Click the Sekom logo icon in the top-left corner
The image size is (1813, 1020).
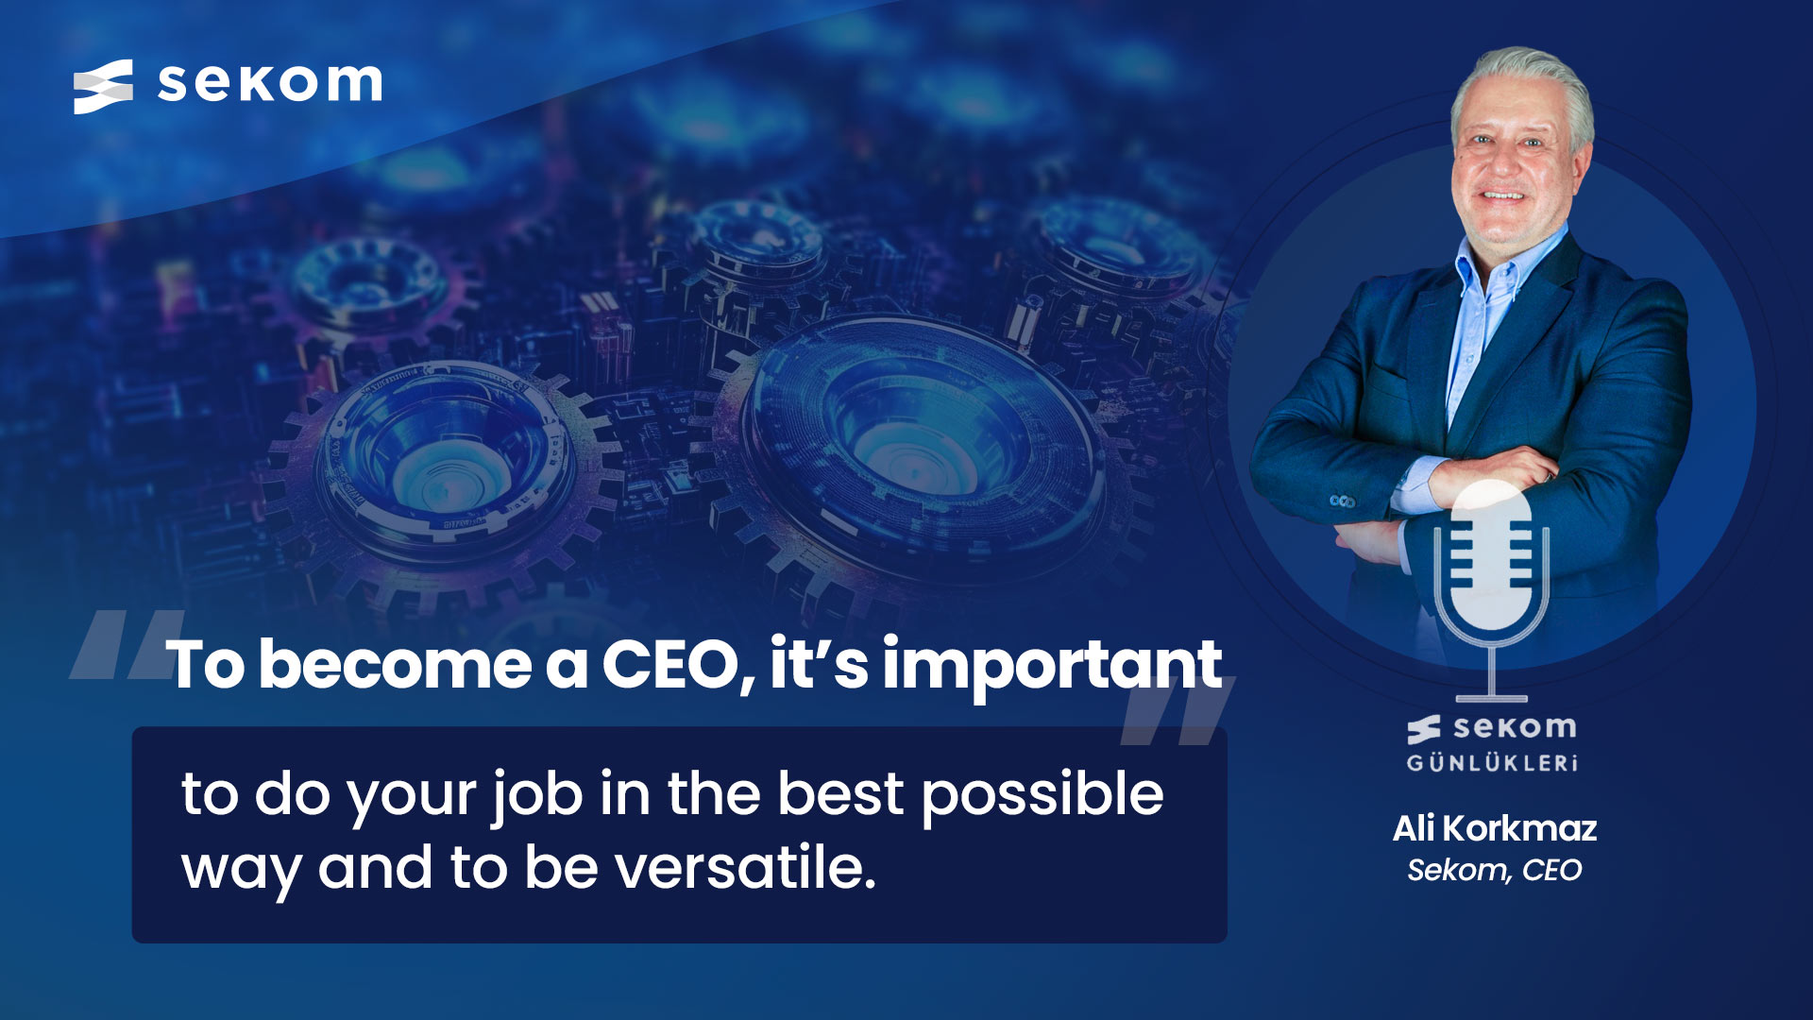(x=103, y=87)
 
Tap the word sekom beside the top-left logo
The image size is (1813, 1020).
(x=270, y=83)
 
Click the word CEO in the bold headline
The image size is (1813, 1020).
(x=669, y=664)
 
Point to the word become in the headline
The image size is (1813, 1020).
(x=396, y=664)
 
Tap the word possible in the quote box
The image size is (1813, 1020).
(x=1042, y=795)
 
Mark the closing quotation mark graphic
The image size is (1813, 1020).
(x=1177, y=710)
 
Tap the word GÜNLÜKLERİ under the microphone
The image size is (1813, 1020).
(x=1492, y=763)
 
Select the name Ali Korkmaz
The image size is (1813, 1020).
(x=1495, y=828)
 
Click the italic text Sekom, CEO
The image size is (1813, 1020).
(x=1495, y=870)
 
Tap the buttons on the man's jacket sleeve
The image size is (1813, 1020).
(x=1342, y=501)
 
